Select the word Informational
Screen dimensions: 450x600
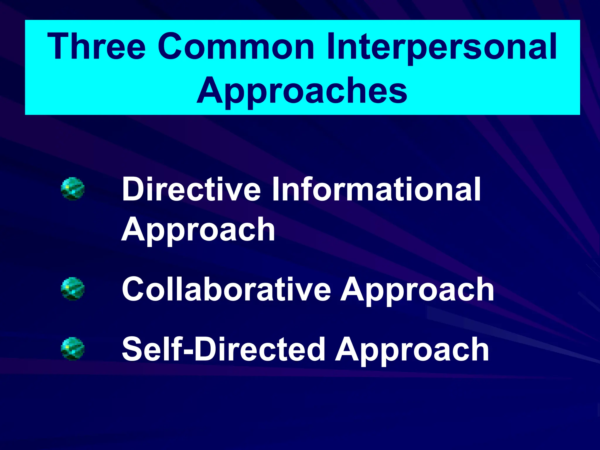376,190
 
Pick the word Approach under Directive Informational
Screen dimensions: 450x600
198,230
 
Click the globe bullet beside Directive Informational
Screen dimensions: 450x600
73,189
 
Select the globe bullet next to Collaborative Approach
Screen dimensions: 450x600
73,289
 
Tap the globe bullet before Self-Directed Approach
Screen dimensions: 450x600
73,349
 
